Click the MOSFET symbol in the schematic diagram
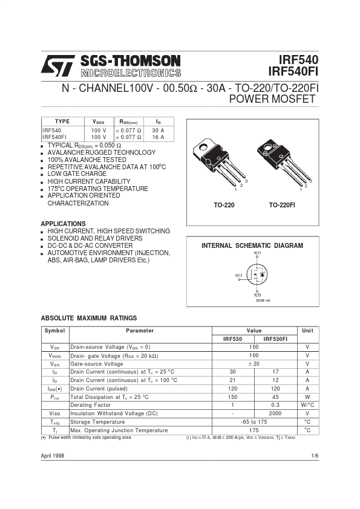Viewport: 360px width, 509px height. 258,275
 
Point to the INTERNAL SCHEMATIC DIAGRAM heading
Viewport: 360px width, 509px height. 252,246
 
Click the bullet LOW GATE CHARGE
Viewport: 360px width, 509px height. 77,174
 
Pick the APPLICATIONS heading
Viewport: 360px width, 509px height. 63,224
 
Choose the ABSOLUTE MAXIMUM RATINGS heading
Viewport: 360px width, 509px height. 88,318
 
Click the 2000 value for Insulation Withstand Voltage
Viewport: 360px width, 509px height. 275,413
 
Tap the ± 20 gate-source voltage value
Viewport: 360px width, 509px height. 254,364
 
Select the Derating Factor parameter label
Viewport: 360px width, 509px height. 91,405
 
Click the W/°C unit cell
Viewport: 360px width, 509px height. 307,405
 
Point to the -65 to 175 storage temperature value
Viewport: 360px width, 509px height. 254,422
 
